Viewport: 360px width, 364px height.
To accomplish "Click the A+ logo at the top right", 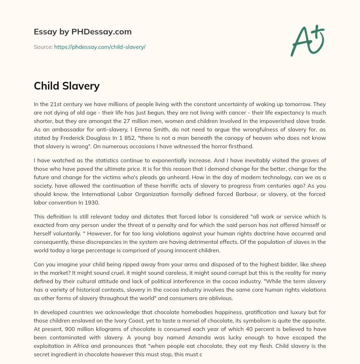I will (307, 40).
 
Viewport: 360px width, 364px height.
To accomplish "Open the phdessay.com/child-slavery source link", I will (99, 47).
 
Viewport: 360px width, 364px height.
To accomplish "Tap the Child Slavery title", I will (67, 86).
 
